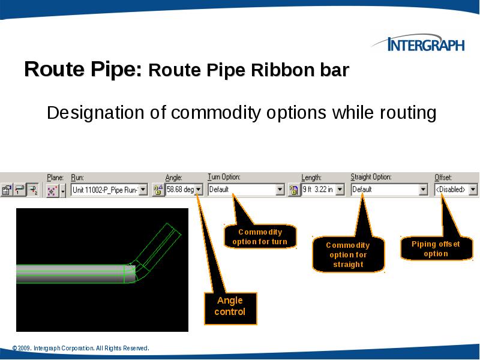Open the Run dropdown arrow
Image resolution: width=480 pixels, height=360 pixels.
click(143, 190)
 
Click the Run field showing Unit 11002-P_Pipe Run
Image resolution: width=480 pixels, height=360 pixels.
click(104, 190)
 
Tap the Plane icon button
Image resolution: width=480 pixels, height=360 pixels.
click(52, 191)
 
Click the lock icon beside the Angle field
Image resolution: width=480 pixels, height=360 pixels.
click(158, 190)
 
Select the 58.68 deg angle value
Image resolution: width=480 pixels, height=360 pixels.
click(179, 190)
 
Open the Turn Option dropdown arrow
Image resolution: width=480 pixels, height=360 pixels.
click(280, 190)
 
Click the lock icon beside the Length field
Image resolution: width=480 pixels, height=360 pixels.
click(294, 190)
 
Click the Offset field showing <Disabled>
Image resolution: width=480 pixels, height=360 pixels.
click(451, 190)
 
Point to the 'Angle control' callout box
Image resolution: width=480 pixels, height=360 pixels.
click(230, 307)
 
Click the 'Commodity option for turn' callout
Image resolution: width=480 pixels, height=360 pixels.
click(260, 237)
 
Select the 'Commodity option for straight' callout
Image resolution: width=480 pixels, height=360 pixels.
click(348, 254)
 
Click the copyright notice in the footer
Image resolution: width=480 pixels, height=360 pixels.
click(80, 349)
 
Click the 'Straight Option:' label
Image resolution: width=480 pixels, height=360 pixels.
click(371, 178)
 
